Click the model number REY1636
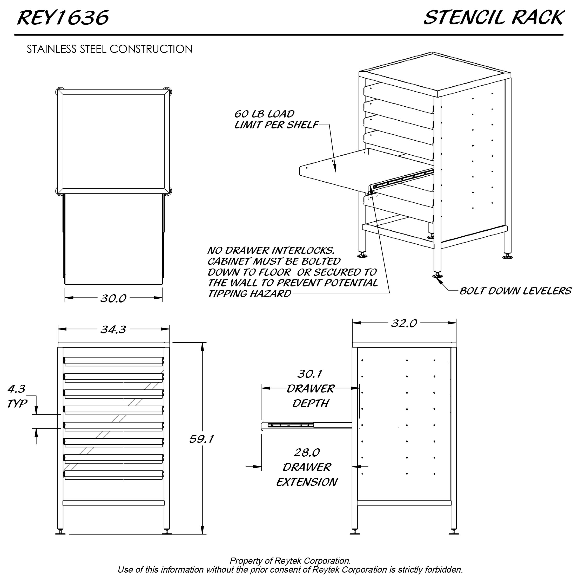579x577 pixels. [x=63, y=18]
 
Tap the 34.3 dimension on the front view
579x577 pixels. [x=113, y=329]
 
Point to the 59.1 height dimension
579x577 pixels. [x=201, y=439]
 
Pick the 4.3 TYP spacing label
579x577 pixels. [x=17, y=396]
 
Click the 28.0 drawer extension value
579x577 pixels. [x=307, y=452]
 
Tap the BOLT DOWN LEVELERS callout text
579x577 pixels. [x=515, y=291]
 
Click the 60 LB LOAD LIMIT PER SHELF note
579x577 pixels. [x=276, y=119]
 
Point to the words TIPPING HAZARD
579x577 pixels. [x=249, y=294]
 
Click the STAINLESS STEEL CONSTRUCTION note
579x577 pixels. [x=109, y=49]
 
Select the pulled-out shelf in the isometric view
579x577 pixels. [x=354, y=171]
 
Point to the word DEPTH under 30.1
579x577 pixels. [x=311, y=404]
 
